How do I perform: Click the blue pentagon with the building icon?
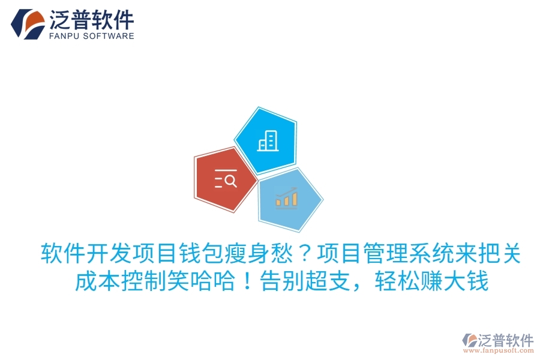[x=266, y=141]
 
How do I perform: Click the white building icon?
[x=266, y=141]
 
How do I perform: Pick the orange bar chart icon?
[x=286, y=197]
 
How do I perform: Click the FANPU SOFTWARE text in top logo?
[x=91, y=36]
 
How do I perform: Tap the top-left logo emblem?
[x=28, y=24]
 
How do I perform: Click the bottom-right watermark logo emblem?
[x=470, y=340]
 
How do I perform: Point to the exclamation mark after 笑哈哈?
[x=246, y=281]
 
